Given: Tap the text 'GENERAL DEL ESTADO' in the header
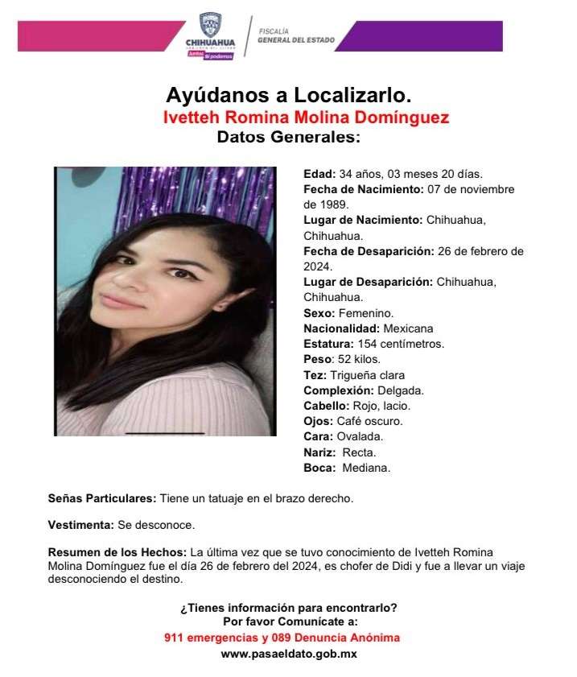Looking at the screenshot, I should coord(296,40).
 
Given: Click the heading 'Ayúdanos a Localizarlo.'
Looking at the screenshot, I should coord(288,94).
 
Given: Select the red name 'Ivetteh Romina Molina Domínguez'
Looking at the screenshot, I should coord(306,118).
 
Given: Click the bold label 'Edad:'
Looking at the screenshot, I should coord(319,174).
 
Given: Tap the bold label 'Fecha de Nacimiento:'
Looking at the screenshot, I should coord(363,189).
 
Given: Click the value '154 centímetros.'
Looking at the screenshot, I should coord(402,344).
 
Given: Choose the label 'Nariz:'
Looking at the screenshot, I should coord(319,452).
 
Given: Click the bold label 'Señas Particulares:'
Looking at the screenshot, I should coord(102,499).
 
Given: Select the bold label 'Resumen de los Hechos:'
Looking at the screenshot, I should coord(117,551).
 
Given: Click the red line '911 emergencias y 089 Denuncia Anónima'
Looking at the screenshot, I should coord(281,638).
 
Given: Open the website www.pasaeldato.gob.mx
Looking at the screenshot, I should coord(289,654).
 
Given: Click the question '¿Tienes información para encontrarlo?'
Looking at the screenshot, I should coord(288,608).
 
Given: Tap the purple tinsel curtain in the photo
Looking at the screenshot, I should coord(201,193).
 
